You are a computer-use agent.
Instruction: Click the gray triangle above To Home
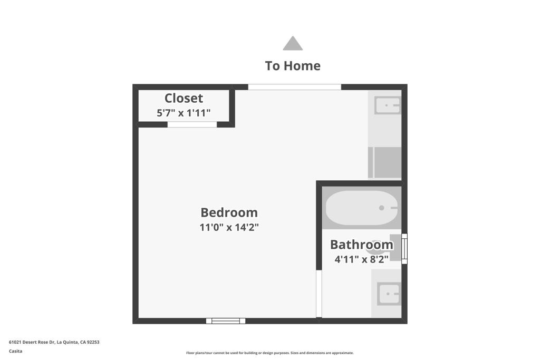[x=293, y=43]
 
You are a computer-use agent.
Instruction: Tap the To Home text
[x=293, y=66]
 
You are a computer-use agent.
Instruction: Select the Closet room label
[x=184, y=98]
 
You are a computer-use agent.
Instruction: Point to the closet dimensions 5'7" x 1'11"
[x=184, y=113]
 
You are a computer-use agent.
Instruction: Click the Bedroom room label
[x=229, y=212]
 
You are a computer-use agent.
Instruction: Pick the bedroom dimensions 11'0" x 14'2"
[x=229, y=227]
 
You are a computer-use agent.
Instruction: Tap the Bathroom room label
[x=362, y=245]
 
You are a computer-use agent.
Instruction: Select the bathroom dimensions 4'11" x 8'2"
[x=362, y=259]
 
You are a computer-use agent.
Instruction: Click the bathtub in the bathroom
[x=362, y=208]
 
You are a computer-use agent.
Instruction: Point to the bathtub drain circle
[x=382, y=208]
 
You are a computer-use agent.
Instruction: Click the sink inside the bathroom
[x=389, y=294]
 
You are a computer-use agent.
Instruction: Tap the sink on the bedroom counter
[x=388, y=105]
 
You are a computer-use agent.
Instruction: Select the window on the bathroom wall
[x=404, y=248]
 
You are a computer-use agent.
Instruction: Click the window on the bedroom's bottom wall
[x=226, y=321]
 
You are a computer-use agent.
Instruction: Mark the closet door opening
[x=192, y=124]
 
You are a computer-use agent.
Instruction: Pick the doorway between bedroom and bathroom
[x=319, y=294]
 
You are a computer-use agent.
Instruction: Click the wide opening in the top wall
[x=294, y=87]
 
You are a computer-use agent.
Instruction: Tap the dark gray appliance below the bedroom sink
[x=384, y=162]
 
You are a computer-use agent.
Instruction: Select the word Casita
[x=15, y=351]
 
